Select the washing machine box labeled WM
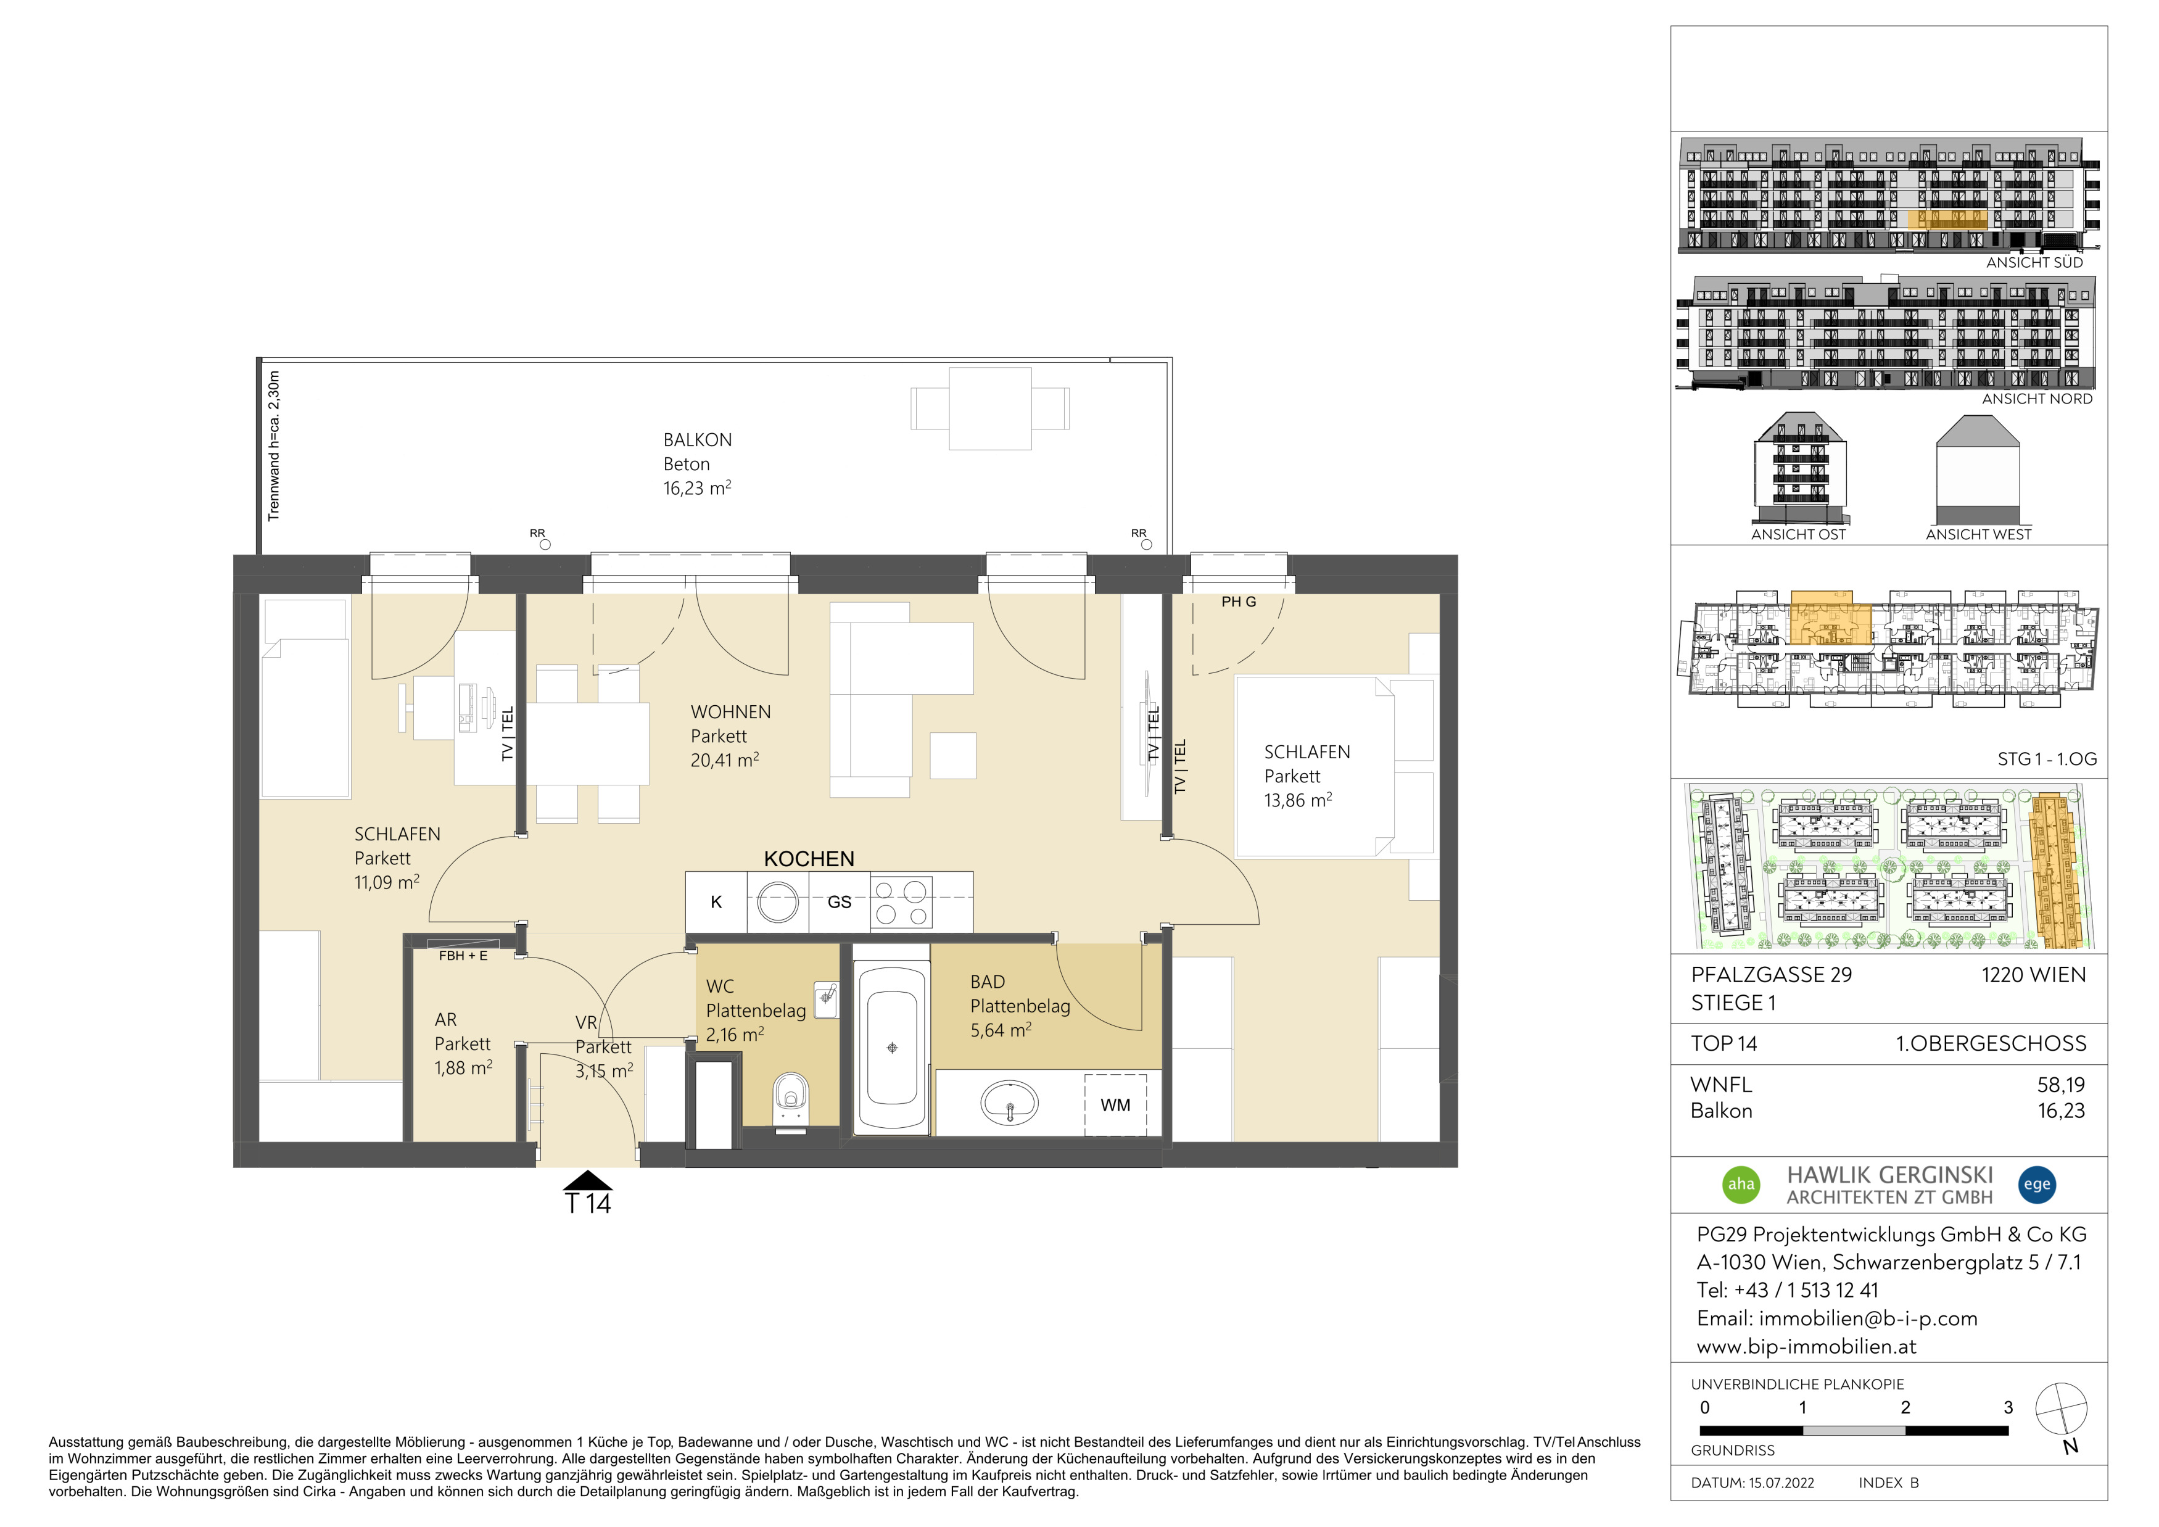pyautogui.click(x=1115, y=1105)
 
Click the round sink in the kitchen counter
pyautogui.click(x=778, y=903)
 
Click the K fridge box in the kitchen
pyautogui.click(x=717, y=902)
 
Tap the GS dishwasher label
pyautogui.click(x=840, y=903)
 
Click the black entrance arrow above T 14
pyautogui.click(x=588, y=1180)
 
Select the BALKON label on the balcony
pyautogui.click(x=698, y=440)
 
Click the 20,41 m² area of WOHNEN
pyautogui.click(x=725, y=759)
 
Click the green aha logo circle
pyautogui.click(x=1741, y=1184)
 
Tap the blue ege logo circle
pyautogui.click(x=2037, y=1184)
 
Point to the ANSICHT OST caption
pyautogui.click(x=1798, y=534)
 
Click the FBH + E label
pyautogui.click(x=464, y=955)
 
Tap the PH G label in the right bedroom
pyautogui.click(x=1239, y=602)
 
